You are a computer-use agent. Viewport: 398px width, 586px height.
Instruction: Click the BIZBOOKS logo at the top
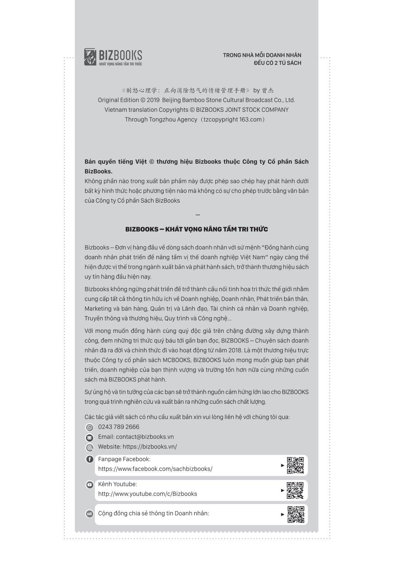[x=113, y=57]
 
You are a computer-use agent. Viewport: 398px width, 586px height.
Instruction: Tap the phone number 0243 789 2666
[x=118, y=427]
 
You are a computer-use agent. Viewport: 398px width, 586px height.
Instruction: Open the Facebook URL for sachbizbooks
[x=155, y=469]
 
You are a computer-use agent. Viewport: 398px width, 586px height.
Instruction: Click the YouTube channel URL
[x=147, y=494]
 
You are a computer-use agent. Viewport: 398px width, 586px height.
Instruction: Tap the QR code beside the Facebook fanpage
[x=295, y=465]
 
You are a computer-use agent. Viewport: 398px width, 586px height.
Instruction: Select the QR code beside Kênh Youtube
[x=295, y=490]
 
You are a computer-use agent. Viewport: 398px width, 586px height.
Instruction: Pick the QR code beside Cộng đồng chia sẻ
[x=296, y=514]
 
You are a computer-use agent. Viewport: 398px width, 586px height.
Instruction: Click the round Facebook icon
[x=90, y=459]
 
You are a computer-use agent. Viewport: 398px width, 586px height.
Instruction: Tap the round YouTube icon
[x=90, y=485]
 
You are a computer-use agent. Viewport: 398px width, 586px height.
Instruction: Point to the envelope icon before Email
[x=90, y=438]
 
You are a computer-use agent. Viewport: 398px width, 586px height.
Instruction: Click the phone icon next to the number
[x=90, y=427]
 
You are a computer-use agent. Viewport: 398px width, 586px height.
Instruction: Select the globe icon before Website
[x=90, y=447]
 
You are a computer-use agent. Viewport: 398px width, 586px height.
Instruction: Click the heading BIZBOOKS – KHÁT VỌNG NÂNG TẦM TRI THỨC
[x=196, y=229]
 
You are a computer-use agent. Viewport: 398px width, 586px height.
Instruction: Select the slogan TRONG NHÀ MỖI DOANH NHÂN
[x=262, y=55]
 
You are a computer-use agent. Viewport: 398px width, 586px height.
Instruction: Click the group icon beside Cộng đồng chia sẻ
[x=90, y=514]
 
